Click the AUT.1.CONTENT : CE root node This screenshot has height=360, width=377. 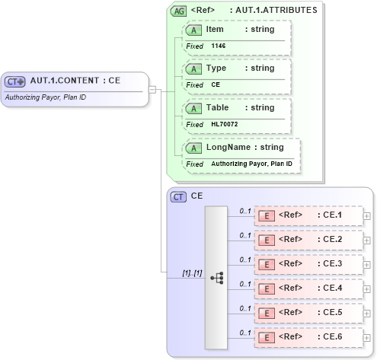coord(75,81)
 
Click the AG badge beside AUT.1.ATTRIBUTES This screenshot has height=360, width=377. coord(178,11)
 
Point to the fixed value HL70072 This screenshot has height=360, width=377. coord(225,125)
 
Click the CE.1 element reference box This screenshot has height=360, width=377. coord(308,215)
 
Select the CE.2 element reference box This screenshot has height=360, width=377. coord(308,240)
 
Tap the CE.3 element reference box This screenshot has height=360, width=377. coord(308,264)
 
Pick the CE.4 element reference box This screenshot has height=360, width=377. coord(308,288)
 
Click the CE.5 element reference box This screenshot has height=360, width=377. coord(308,313)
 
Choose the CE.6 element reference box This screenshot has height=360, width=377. coord(308,337)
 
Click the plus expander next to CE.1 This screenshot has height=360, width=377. coord(367,216)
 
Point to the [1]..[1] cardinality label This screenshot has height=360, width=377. coord(192,272)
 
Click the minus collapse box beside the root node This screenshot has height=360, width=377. coord(152,89)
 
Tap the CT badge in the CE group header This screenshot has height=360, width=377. coord(178,197)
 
